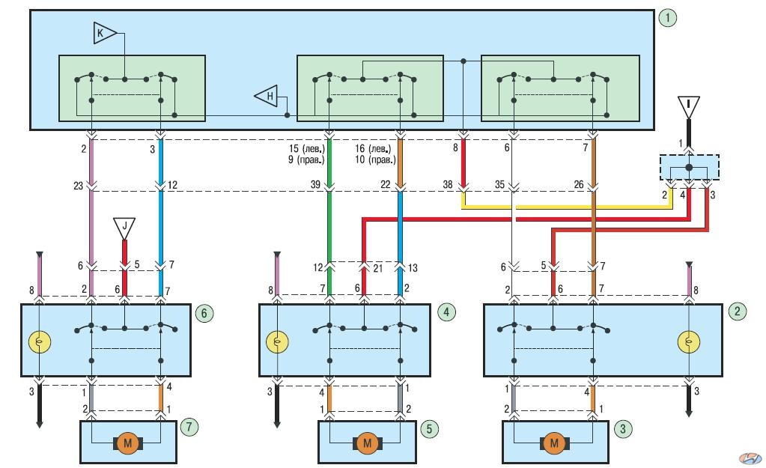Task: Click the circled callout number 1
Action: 667,18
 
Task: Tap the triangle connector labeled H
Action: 267,96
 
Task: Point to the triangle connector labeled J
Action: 124,228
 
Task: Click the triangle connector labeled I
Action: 688,107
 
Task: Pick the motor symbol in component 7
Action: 128,443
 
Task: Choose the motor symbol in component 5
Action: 368,443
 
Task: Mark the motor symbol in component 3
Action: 555,443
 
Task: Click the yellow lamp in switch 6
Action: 40,342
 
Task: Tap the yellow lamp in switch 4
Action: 277,342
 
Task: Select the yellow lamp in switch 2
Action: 689,342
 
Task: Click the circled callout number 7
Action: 189,427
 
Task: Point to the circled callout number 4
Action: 446,312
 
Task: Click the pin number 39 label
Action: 315,185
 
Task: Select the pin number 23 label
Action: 79,186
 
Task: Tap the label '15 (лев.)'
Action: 307,148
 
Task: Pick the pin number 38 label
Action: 448,185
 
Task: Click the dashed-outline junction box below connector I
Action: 690,168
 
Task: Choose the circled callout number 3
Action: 622,429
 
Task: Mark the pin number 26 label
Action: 579,185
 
